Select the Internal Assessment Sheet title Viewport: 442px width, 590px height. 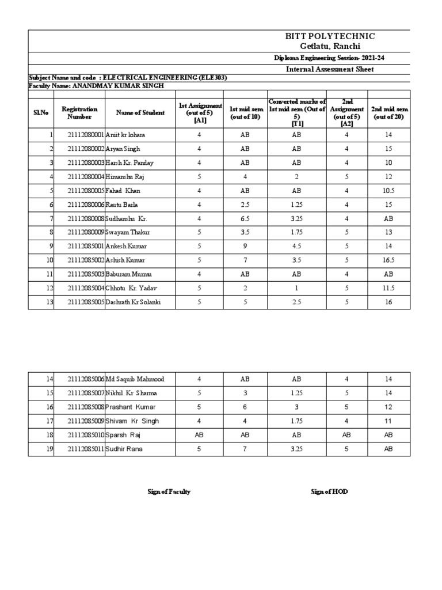click(x=330, y=69)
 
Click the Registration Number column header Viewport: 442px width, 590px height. click(x=79, y=112)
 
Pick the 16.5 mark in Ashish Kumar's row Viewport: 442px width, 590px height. click(x=388, y=260)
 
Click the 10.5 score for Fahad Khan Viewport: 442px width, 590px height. click(x=388, y=191)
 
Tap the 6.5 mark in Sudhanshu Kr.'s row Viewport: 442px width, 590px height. click(x=245, y=219)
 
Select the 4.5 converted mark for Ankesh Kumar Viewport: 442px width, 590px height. click(x=296, y=247)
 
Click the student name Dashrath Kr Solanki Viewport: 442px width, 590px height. click(x=134, y=302)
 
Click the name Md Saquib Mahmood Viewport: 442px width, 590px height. click(x=135, y=379)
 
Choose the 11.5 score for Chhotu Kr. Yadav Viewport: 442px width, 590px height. click(x=388, y=289)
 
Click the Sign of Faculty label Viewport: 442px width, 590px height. click(x=169, y=491)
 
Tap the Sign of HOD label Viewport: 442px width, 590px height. click(x=329, y=491)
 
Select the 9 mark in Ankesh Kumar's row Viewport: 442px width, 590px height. click(x=245, y=247)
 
